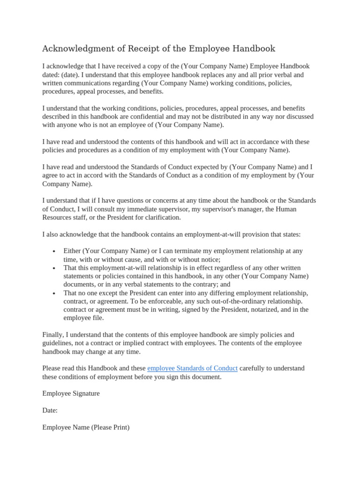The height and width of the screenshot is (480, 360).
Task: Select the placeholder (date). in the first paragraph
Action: coord(70,75)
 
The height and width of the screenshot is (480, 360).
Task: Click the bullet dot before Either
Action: coord(55,251)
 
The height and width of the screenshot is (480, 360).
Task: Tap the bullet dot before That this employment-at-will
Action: coord(55,268)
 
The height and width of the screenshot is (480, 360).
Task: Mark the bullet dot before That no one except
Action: coord(55,293)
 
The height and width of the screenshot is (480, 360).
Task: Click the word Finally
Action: coord(53,335)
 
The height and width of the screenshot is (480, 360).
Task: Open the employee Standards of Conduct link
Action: coord(192,368)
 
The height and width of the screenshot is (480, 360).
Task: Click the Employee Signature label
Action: coord(71,394)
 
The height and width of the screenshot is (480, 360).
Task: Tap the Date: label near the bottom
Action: coord(50,411)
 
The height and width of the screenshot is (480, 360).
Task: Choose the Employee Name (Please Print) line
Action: coord(86,427)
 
